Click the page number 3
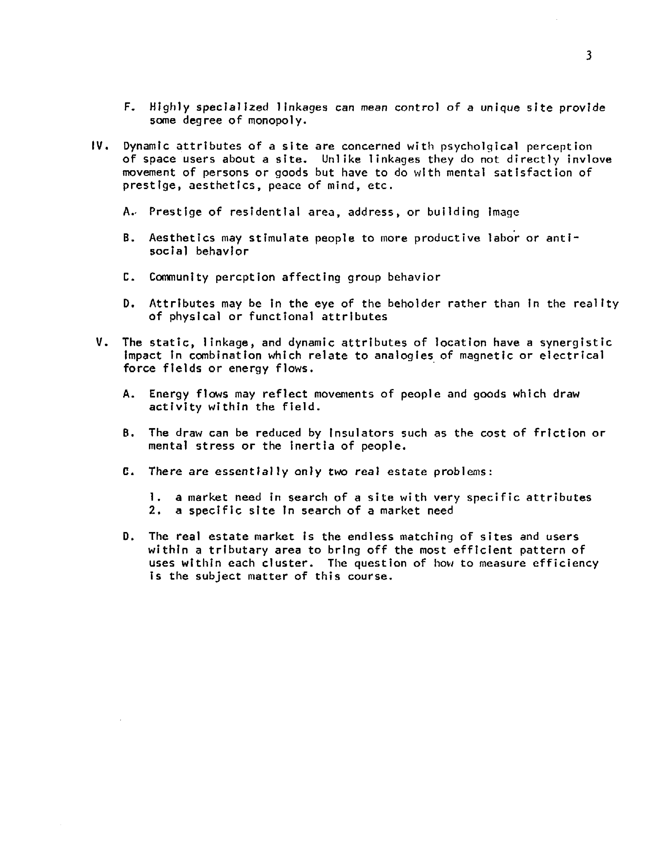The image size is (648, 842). (x=588, y=56)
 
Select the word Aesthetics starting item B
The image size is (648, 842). (x=182, y=238)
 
